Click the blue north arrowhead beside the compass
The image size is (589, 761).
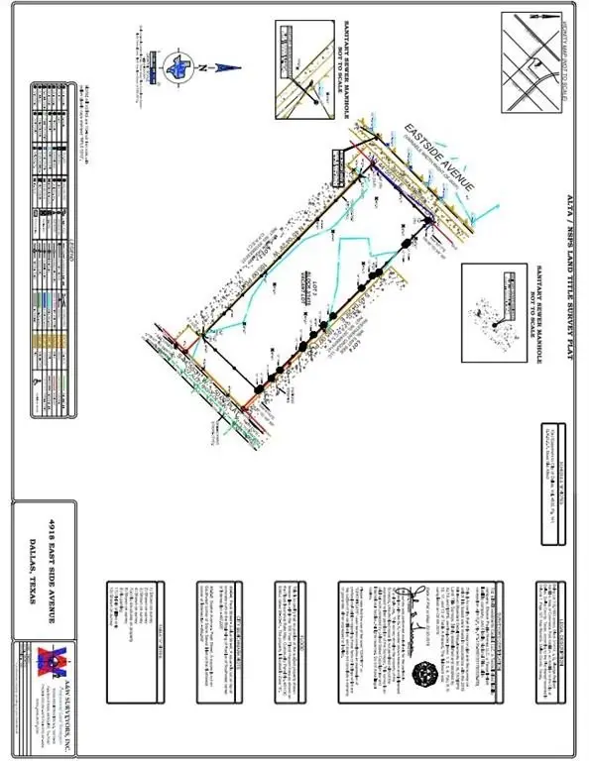(226, 66)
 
